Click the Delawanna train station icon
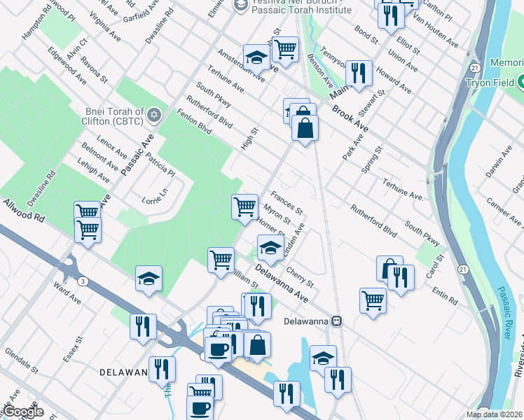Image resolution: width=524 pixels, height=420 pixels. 337,321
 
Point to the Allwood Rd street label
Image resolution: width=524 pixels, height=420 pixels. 24,210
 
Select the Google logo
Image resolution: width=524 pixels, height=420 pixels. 22,411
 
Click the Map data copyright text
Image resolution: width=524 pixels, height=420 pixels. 495,414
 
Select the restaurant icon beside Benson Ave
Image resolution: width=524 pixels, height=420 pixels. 359,72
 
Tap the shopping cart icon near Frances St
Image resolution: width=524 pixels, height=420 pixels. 244,206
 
